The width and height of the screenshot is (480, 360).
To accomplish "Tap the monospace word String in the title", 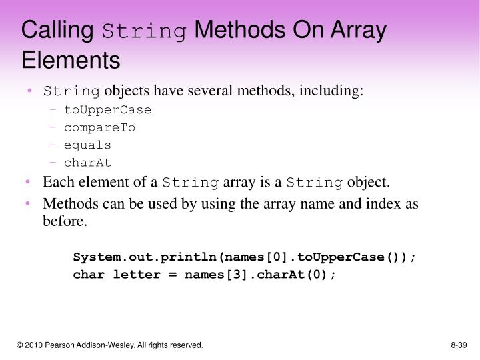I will point(144,31).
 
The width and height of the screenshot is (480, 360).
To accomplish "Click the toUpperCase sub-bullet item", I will point(107,109).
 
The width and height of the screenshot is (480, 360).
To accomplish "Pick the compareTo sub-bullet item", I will point(99,127).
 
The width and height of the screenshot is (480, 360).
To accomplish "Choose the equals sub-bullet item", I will point(87,145).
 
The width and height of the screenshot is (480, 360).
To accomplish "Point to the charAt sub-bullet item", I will point(87,163).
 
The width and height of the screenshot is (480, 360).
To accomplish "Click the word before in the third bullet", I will point(64,221).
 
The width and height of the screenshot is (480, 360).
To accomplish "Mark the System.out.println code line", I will point(245,257).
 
